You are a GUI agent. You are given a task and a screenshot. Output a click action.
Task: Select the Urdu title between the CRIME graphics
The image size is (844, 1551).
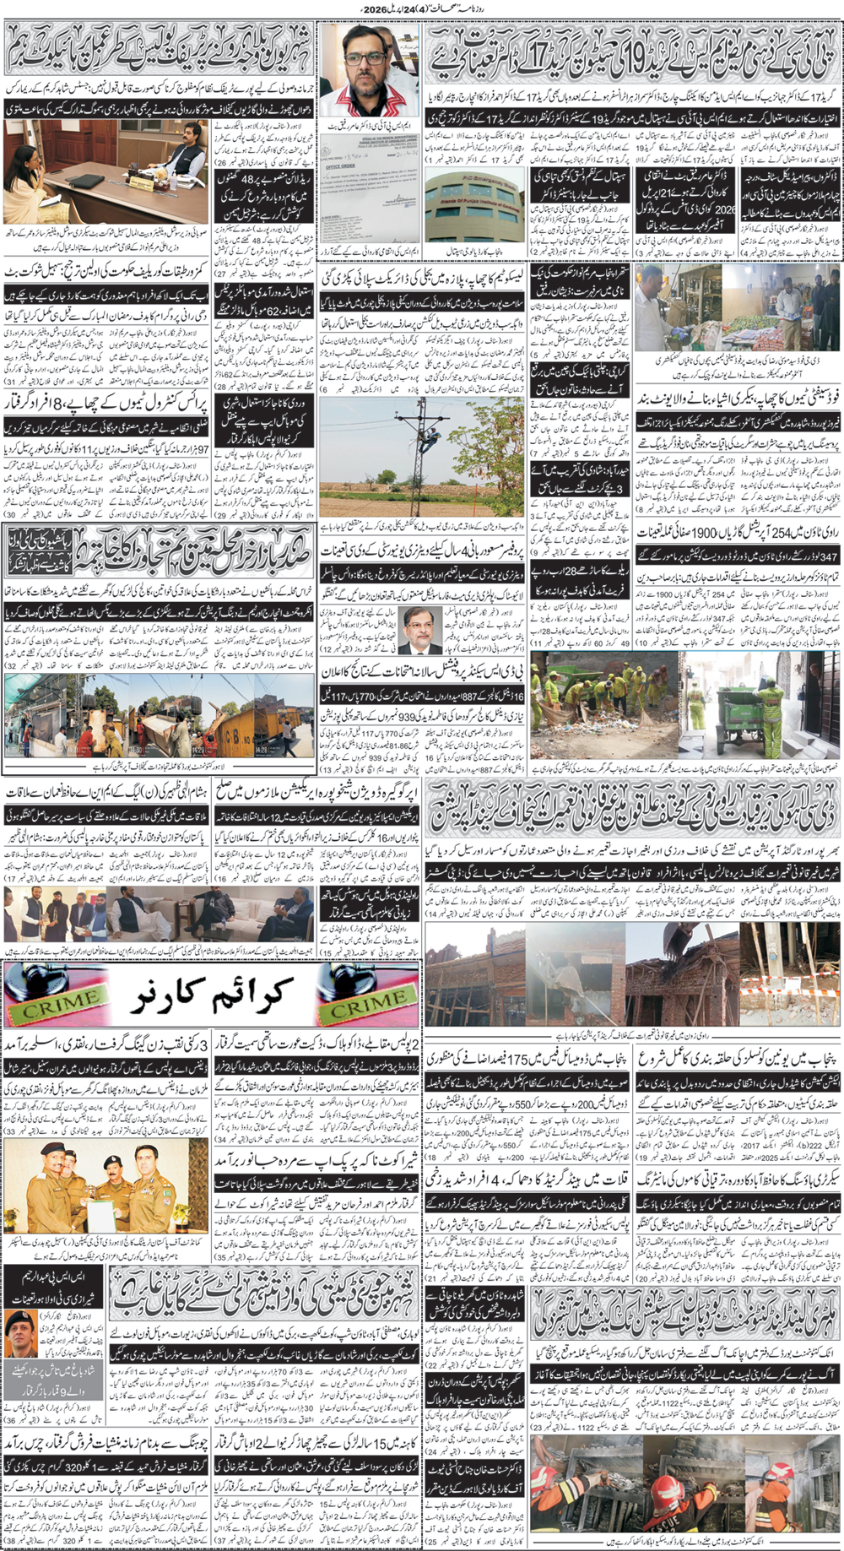211,996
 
